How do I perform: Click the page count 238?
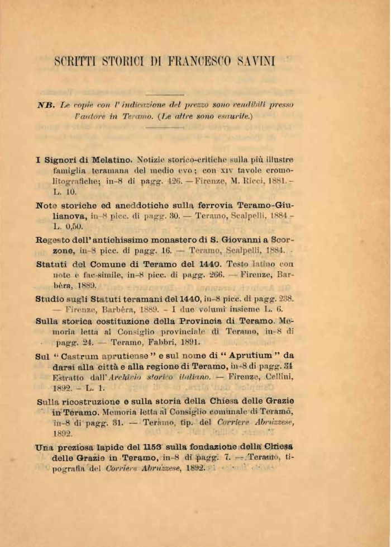pos(284,299)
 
